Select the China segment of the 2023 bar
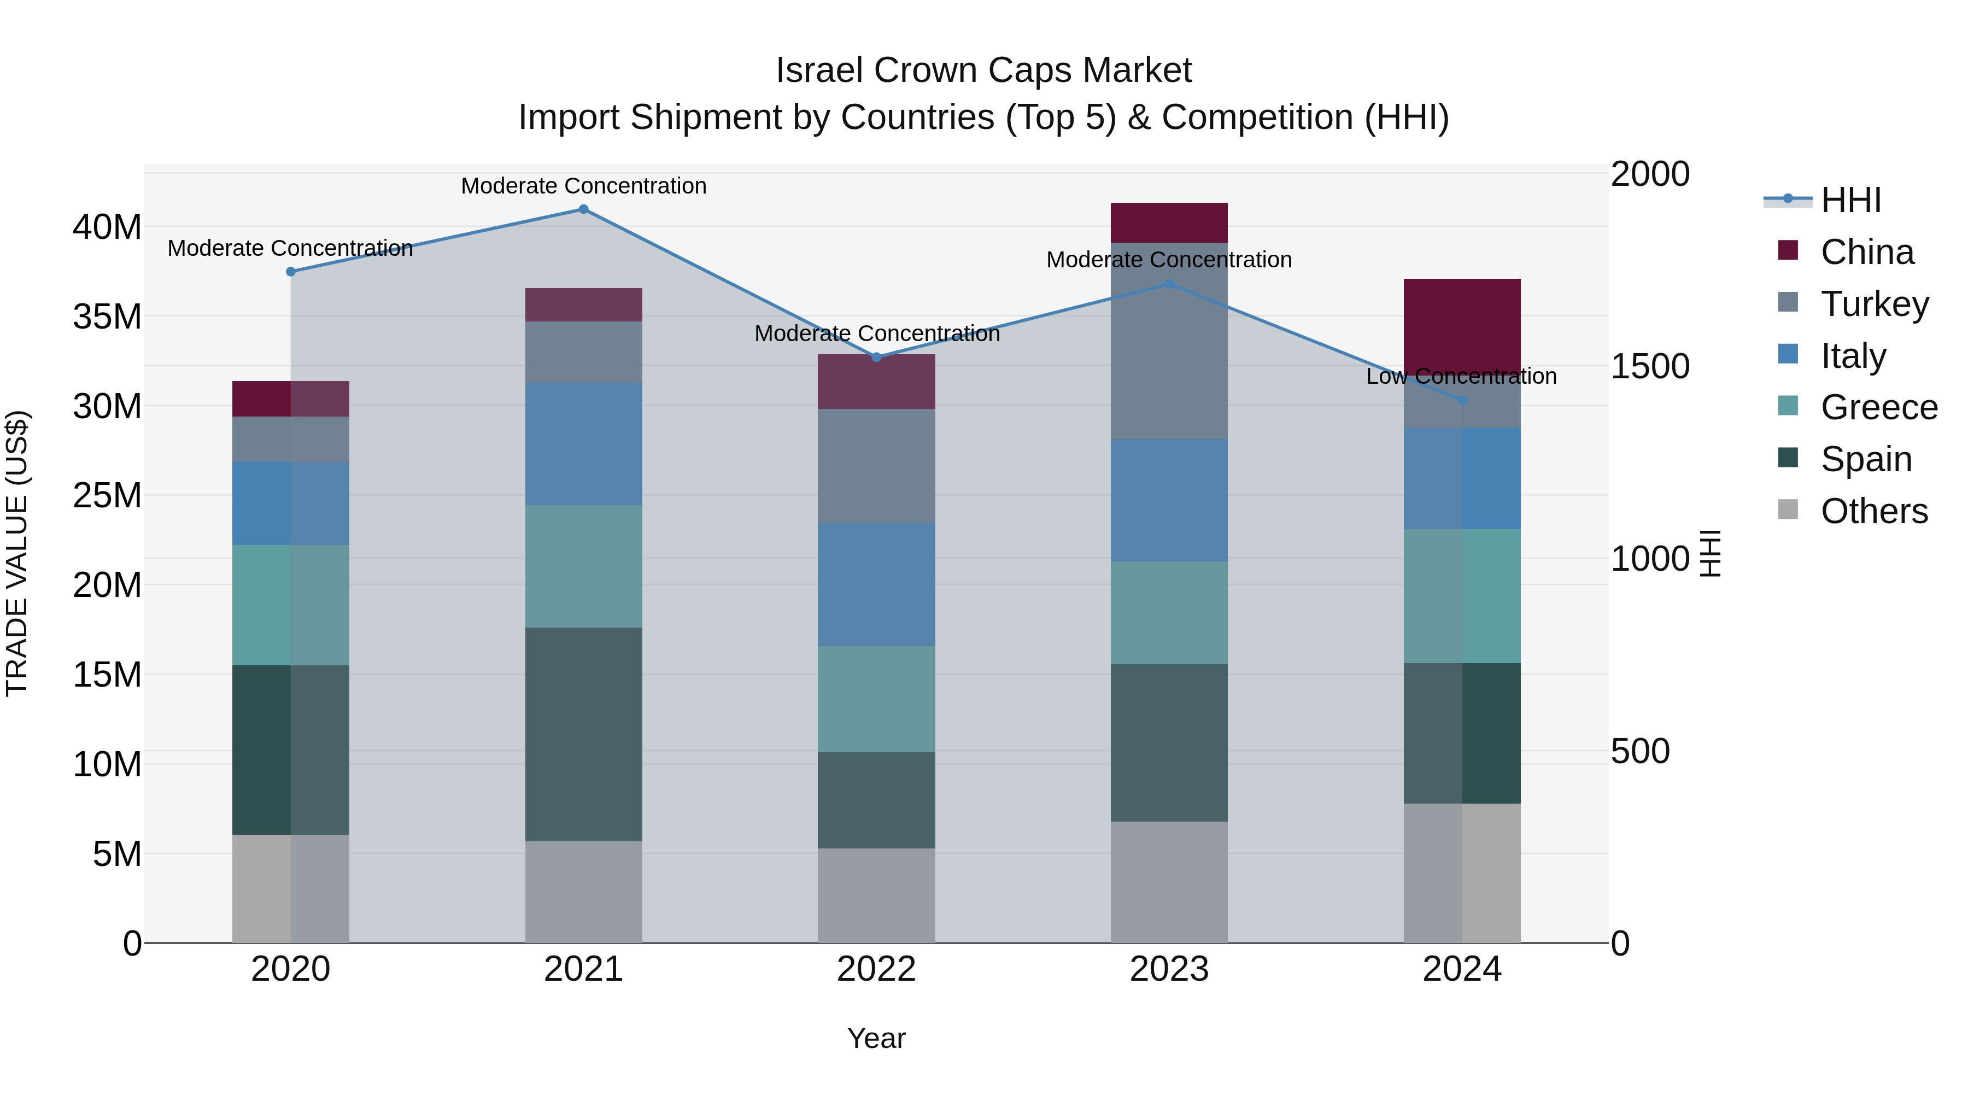[1168, 223]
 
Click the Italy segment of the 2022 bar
[876, 584]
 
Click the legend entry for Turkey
[1873, 304]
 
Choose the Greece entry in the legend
[1878, 407]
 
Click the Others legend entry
[1873, 511]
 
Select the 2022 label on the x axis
[876, 969]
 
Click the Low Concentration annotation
[1461, 376]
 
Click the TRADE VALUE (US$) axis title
[17, 553]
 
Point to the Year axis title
[876, 1038]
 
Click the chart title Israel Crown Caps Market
[983, 71]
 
